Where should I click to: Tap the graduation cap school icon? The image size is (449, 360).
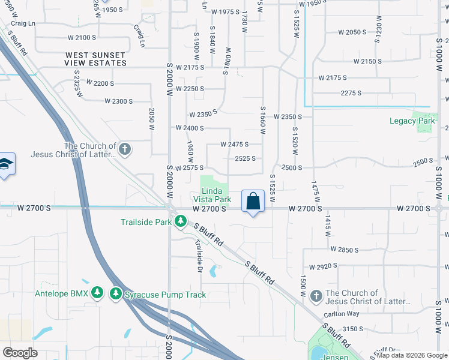tap(5, 166)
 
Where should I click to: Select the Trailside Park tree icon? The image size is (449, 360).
tap(180, 221)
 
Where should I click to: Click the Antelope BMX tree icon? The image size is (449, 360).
tap(98, 293)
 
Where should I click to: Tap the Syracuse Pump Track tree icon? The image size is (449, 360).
tap(115, 295)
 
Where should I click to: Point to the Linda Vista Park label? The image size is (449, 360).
tap(212, 195)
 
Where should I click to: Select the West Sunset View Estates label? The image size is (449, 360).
tap(96, 59)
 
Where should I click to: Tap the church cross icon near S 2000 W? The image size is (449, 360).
tap(125, 149)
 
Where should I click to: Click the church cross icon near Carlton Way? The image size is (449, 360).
tap(317, 296)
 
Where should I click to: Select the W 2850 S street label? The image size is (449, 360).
tap(344, 249)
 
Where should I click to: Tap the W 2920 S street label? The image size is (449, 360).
tap(327, 266)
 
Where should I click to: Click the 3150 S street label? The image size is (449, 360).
tap(353, 329)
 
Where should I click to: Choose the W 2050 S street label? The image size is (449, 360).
tap(352, 32)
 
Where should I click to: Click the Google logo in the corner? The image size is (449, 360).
tap(20, 353)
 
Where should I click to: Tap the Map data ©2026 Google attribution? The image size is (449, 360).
tap(411, 355)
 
